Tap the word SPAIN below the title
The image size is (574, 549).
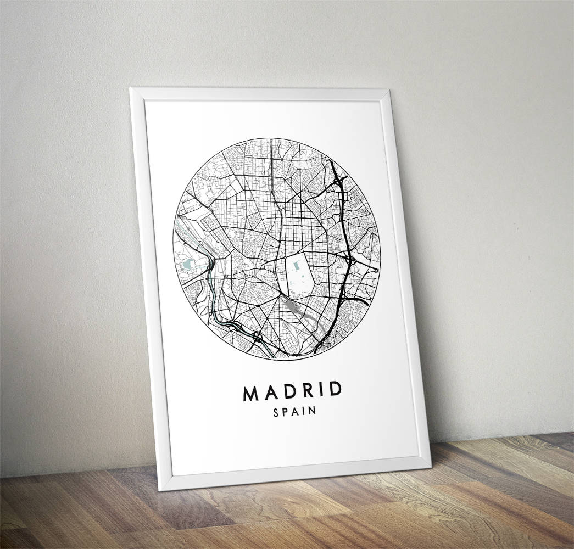294,412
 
